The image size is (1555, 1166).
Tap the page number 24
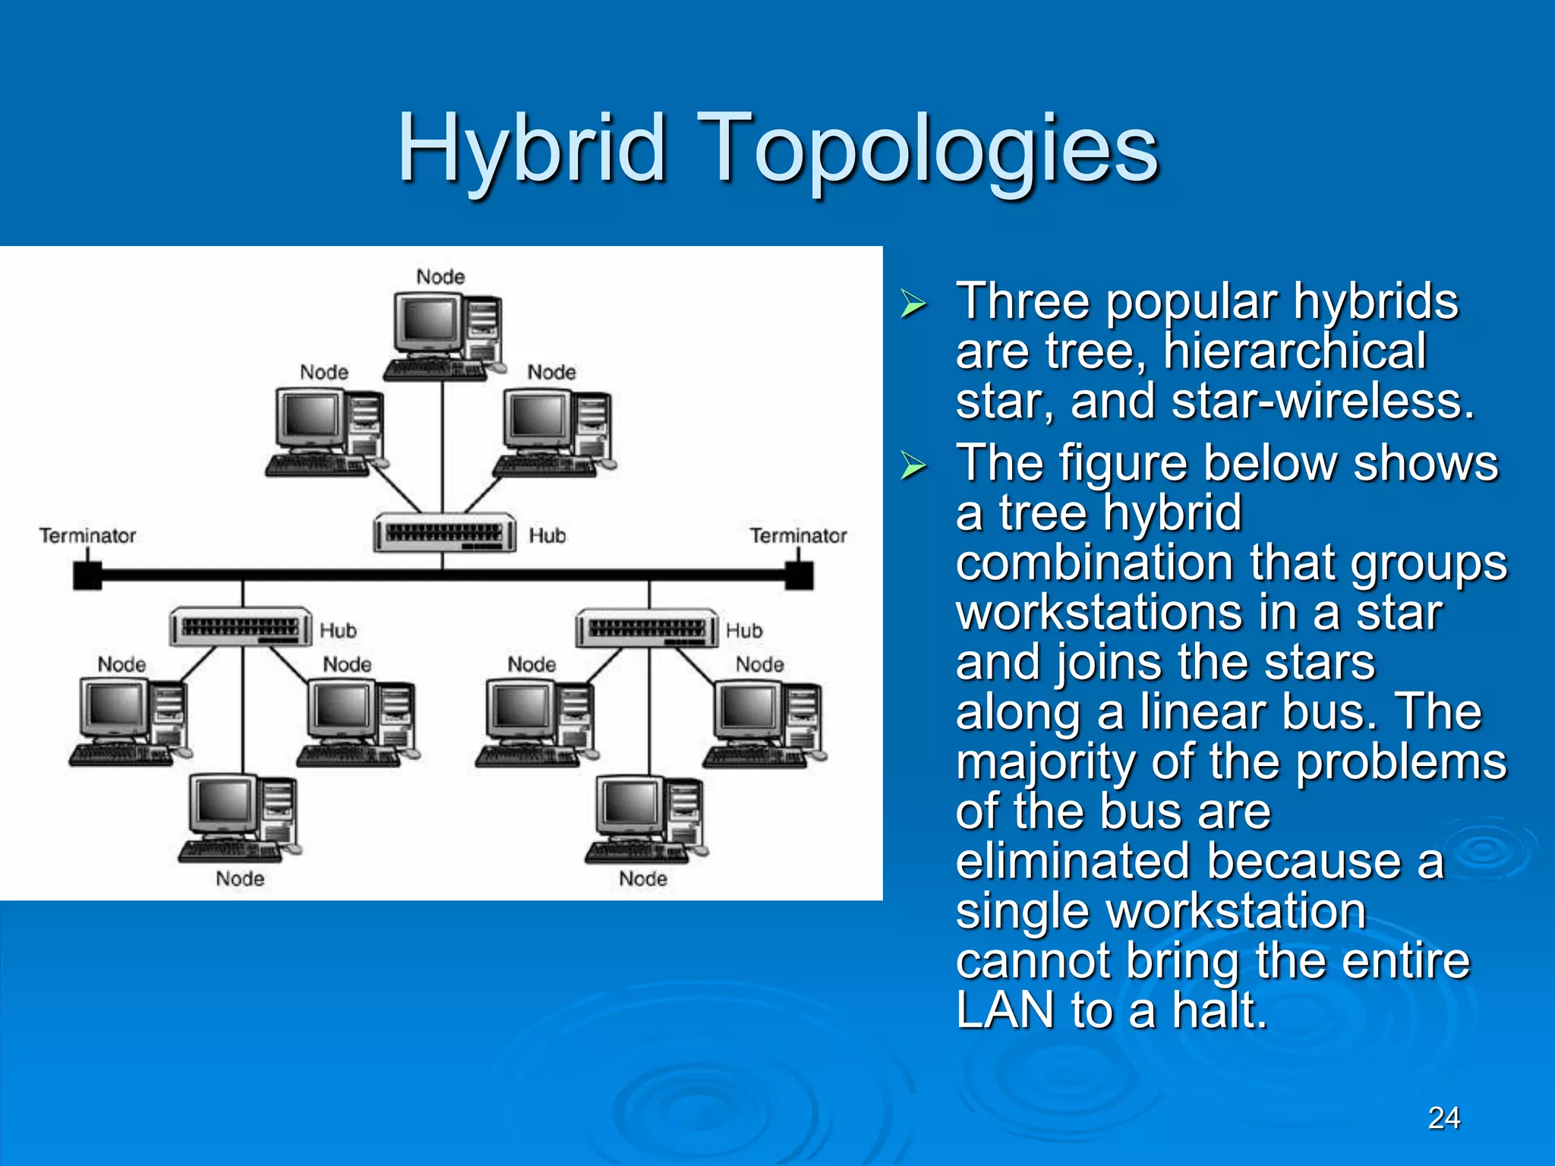(x=1443, y=1117)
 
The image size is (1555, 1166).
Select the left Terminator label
(x=87, y=536)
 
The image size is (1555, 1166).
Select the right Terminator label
(x=798, y=536)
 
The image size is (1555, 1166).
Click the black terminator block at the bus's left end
(x=87, y=575)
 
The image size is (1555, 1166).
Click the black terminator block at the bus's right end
(x=799, y=575)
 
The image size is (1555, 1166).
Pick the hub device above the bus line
(x=444, y=533)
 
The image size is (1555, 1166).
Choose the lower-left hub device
(x=241, y=628)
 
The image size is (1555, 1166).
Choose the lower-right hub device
(x=647, y=628)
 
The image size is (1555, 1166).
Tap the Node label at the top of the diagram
(x=440, y=277)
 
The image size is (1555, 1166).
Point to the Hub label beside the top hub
(x=547, y=536)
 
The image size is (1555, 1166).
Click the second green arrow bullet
(x=913, y=465)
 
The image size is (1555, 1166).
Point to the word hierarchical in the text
(x=1295, y=351)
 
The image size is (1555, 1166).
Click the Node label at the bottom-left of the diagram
(x=240, y=879)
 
